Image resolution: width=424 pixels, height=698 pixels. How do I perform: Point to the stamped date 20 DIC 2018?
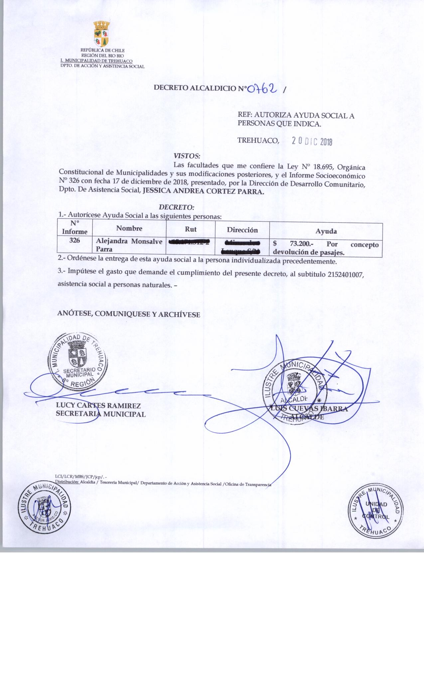click(x=312, y=142)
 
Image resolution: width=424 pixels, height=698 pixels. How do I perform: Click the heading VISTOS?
click(x=187, y=156)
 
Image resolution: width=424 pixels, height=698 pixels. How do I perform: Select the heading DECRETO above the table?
click(x=177, y=207)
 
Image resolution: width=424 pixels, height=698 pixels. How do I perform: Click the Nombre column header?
click(x=129, y=228)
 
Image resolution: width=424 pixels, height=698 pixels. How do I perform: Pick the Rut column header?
click(x=191, y=229)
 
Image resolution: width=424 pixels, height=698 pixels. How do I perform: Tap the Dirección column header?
click(x=242, y=230)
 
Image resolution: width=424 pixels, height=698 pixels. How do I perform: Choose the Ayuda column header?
click(x=326, y=231)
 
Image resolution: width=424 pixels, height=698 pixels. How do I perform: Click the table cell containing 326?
click(x=75, y=241)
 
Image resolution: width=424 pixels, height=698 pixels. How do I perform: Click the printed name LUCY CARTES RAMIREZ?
click(x=98, y=406)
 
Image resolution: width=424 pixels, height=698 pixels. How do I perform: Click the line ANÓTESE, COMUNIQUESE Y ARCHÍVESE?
click(x=129, y=314)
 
